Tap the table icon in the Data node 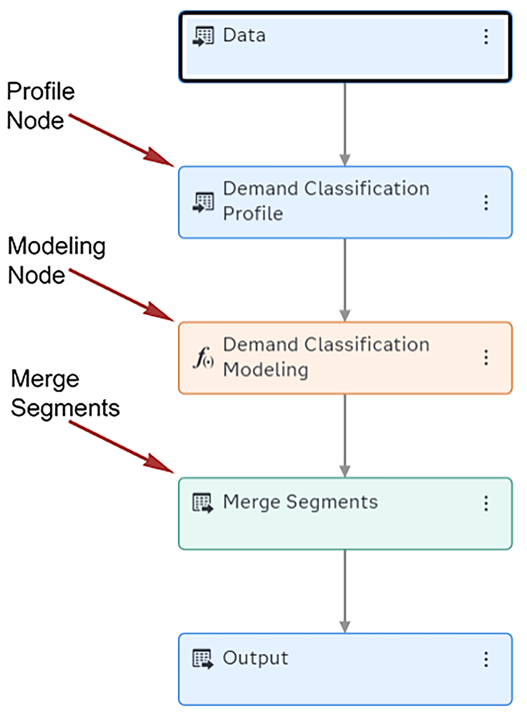pos(203,36)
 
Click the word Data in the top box pos(244,35)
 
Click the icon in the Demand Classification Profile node pos(203,202)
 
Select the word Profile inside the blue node pos(253,214)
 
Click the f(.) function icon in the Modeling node pos(203,358)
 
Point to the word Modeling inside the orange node pos(265,370)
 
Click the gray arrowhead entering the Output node pos(345,627)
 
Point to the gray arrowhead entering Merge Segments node pos(345,471)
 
